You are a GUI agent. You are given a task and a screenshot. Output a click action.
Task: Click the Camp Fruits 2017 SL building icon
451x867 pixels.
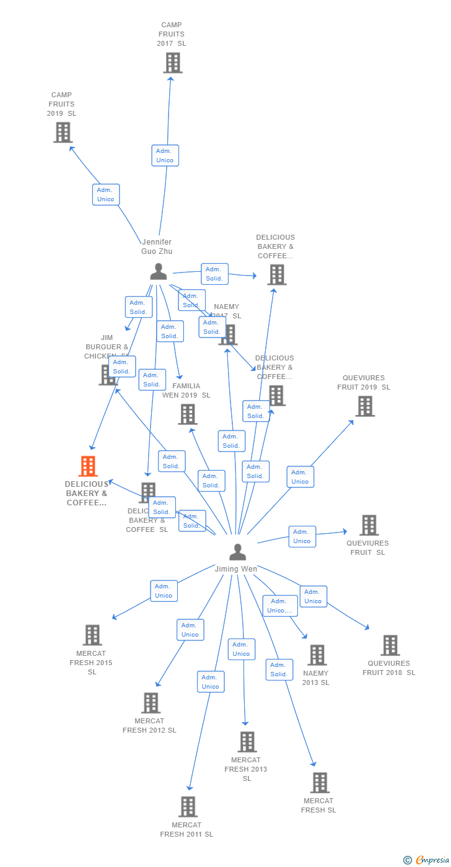pos(173,63)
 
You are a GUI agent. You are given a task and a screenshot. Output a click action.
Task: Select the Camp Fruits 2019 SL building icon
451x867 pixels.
pos(63,133)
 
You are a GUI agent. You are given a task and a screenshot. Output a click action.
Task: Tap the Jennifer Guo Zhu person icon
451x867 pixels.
pos(159,271)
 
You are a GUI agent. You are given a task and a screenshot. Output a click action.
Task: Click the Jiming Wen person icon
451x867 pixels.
pos(237,551)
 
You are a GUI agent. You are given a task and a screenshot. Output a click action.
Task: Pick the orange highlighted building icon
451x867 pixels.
pos(88,466)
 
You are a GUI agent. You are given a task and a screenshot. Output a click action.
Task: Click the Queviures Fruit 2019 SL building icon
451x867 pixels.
pos(365,406)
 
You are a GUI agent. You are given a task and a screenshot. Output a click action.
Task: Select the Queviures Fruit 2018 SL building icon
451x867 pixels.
pos(390,645)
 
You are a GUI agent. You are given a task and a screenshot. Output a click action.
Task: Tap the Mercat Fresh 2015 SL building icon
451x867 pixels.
pos(92,635)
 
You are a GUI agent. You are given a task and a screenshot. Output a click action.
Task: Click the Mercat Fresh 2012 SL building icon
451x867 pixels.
pos(151,703)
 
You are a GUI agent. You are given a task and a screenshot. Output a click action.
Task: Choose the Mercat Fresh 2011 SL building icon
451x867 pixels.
pos(188,806)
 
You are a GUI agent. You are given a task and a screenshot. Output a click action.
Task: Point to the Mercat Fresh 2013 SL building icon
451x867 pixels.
pos(247,741)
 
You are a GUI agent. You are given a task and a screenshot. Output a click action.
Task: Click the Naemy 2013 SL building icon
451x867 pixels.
pos(317,655)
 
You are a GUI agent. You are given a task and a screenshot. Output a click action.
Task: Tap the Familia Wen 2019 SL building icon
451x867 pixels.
pos(187,414)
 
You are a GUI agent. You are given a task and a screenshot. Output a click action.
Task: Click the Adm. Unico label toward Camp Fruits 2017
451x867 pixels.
pos(165,155)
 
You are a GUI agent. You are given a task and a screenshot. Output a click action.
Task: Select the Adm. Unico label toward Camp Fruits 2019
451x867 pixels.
pos(105,194)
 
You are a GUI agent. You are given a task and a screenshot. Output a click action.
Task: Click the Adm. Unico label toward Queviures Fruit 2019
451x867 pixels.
pos(300,477)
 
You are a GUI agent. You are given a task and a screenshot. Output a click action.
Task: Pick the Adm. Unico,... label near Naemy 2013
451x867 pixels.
pos(279,606)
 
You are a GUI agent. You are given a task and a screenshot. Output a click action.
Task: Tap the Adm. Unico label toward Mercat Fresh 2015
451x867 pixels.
pos(164,591)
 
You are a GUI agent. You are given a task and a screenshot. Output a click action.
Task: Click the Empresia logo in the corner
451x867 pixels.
pos(427,860)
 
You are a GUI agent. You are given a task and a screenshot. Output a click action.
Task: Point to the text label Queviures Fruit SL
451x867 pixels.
pos(367,547)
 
